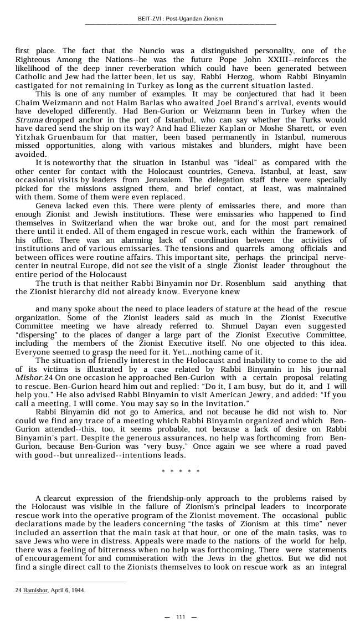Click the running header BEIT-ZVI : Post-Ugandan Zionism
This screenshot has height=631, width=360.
(180, 19)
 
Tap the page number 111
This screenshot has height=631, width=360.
(181, 617)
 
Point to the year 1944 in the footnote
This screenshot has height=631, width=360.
(78, 591)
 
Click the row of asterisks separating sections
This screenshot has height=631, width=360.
(181, 472)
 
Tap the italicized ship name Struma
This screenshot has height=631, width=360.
(29, 120)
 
